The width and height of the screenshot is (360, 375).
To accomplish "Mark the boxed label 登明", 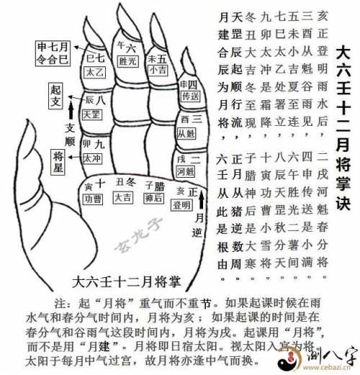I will click(181, 204).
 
